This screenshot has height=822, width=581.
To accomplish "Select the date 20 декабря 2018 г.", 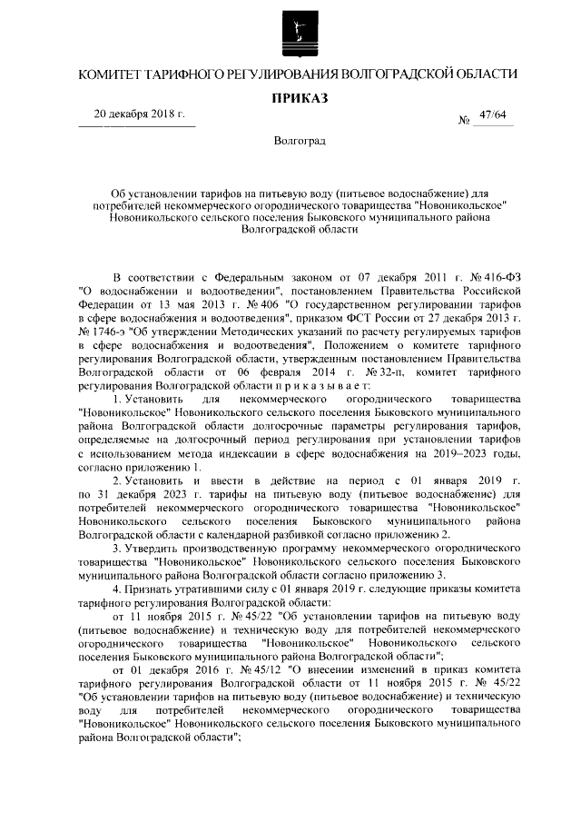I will coord(139,115).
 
